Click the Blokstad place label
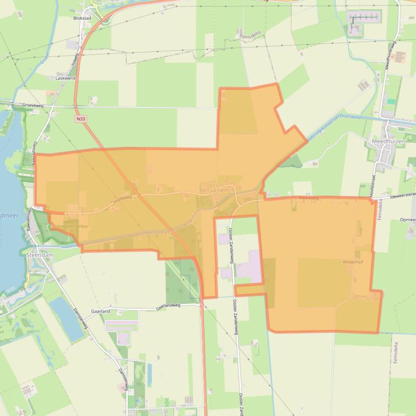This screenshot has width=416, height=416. [x=82, y=17]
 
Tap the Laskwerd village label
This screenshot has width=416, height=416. [x=64, y=78]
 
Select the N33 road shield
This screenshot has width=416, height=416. [x=81, y=118]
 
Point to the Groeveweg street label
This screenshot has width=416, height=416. [x=33, y=105]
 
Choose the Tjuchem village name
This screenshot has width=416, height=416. [x=218, y=190]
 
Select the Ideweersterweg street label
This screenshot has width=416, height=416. [x=398, y=194]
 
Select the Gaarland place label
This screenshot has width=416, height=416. [x=101, y=312]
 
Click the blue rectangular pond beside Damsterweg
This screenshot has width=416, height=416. [x=67, y=319]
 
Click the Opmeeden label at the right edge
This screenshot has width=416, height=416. [x=407, y=220]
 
